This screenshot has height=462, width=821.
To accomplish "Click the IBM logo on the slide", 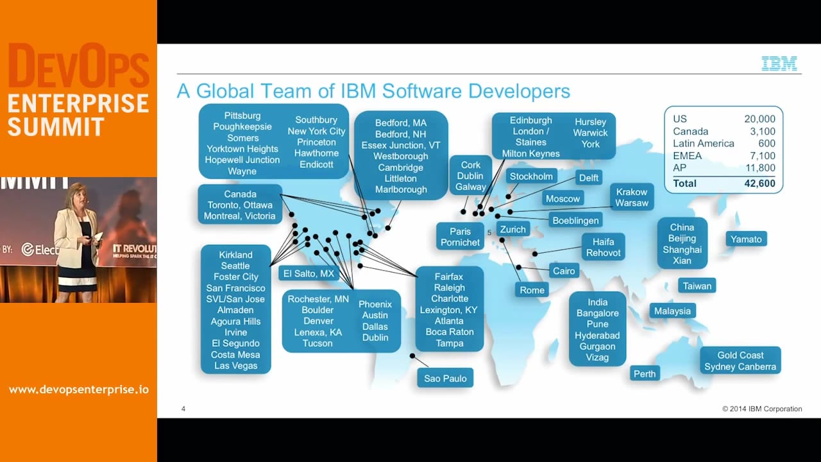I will [x=779, y=64].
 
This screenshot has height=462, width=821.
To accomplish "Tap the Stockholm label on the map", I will [x=531, y=176].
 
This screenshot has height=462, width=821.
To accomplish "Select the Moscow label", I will [x=563, y=199].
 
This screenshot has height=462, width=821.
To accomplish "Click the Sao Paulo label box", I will [x=445, y=379].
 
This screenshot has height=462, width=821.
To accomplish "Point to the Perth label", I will [x=645, y=374].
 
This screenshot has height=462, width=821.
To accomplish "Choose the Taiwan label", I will [x=697, y=286].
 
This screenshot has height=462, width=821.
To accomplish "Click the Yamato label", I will [x=746, y=239].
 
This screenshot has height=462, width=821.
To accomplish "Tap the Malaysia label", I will [x=672, y=311].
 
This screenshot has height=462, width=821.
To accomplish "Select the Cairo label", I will [x=564, y=271].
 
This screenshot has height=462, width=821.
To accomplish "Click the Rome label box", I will [x=532, y=290].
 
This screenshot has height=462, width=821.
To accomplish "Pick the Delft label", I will [x=588, y=178].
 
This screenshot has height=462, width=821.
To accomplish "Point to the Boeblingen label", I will [x=575, y=221].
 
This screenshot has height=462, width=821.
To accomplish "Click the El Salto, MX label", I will [x=309, y=273].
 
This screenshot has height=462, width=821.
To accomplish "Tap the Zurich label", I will [x=512, y=230].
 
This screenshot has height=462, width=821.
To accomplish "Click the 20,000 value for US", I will [x=759, y=119].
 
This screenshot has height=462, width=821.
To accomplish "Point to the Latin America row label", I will [x=703, y=143].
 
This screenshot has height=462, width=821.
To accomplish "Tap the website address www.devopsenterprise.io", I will [x=78, y=389].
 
